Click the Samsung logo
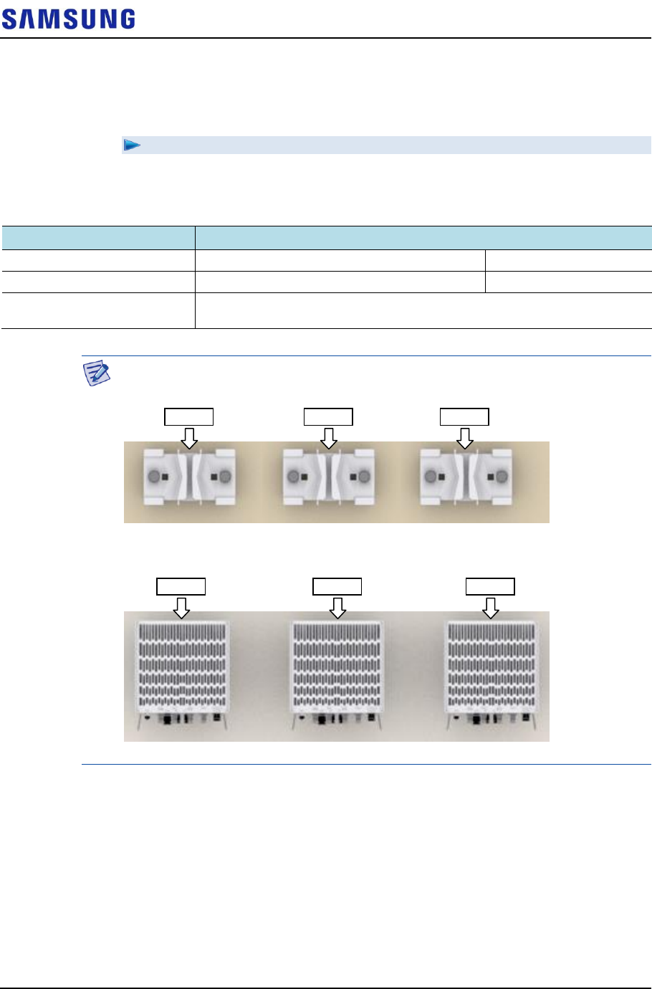[x=68, y=19]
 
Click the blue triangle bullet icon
[x=131, y=145]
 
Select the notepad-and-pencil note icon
[x=97, y=373]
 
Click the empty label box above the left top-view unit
[x=189, y=417]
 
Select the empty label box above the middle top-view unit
[x=328, y=417]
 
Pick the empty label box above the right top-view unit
[x=464, y=417]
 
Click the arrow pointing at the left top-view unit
[x=189, y=437]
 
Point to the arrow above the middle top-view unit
[x=329, y=437]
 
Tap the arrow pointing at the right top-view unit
[x=465, y=437]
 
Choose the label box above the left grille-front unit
[x=181, y=587]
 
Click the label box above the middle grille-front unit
[x=337, y=587]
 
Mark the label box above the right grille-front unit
[x=490, y=587]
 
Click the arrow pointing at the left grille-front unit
[x=182, y=607]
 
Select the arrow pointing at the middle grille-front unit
[x=337, y=607]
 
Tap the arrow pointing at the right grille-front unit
[x=490, y=607]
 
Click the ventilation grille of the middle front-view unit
[x=337, y=663]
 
